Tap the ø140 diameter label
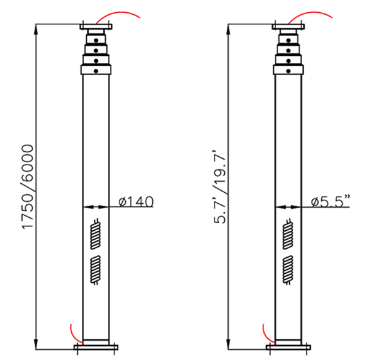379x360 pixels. point(136,202)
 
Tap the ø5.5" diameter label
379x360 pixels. point(330,202)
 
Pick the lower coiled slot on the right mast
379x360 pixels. point(288,269)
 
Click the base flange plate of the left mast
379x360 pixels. point(96,348)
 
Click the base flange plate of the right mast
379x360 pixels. point(288,348)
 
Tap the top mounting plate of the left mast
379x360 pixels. point(96,26)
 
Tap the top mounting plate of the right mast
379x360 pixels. point(288,26)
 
